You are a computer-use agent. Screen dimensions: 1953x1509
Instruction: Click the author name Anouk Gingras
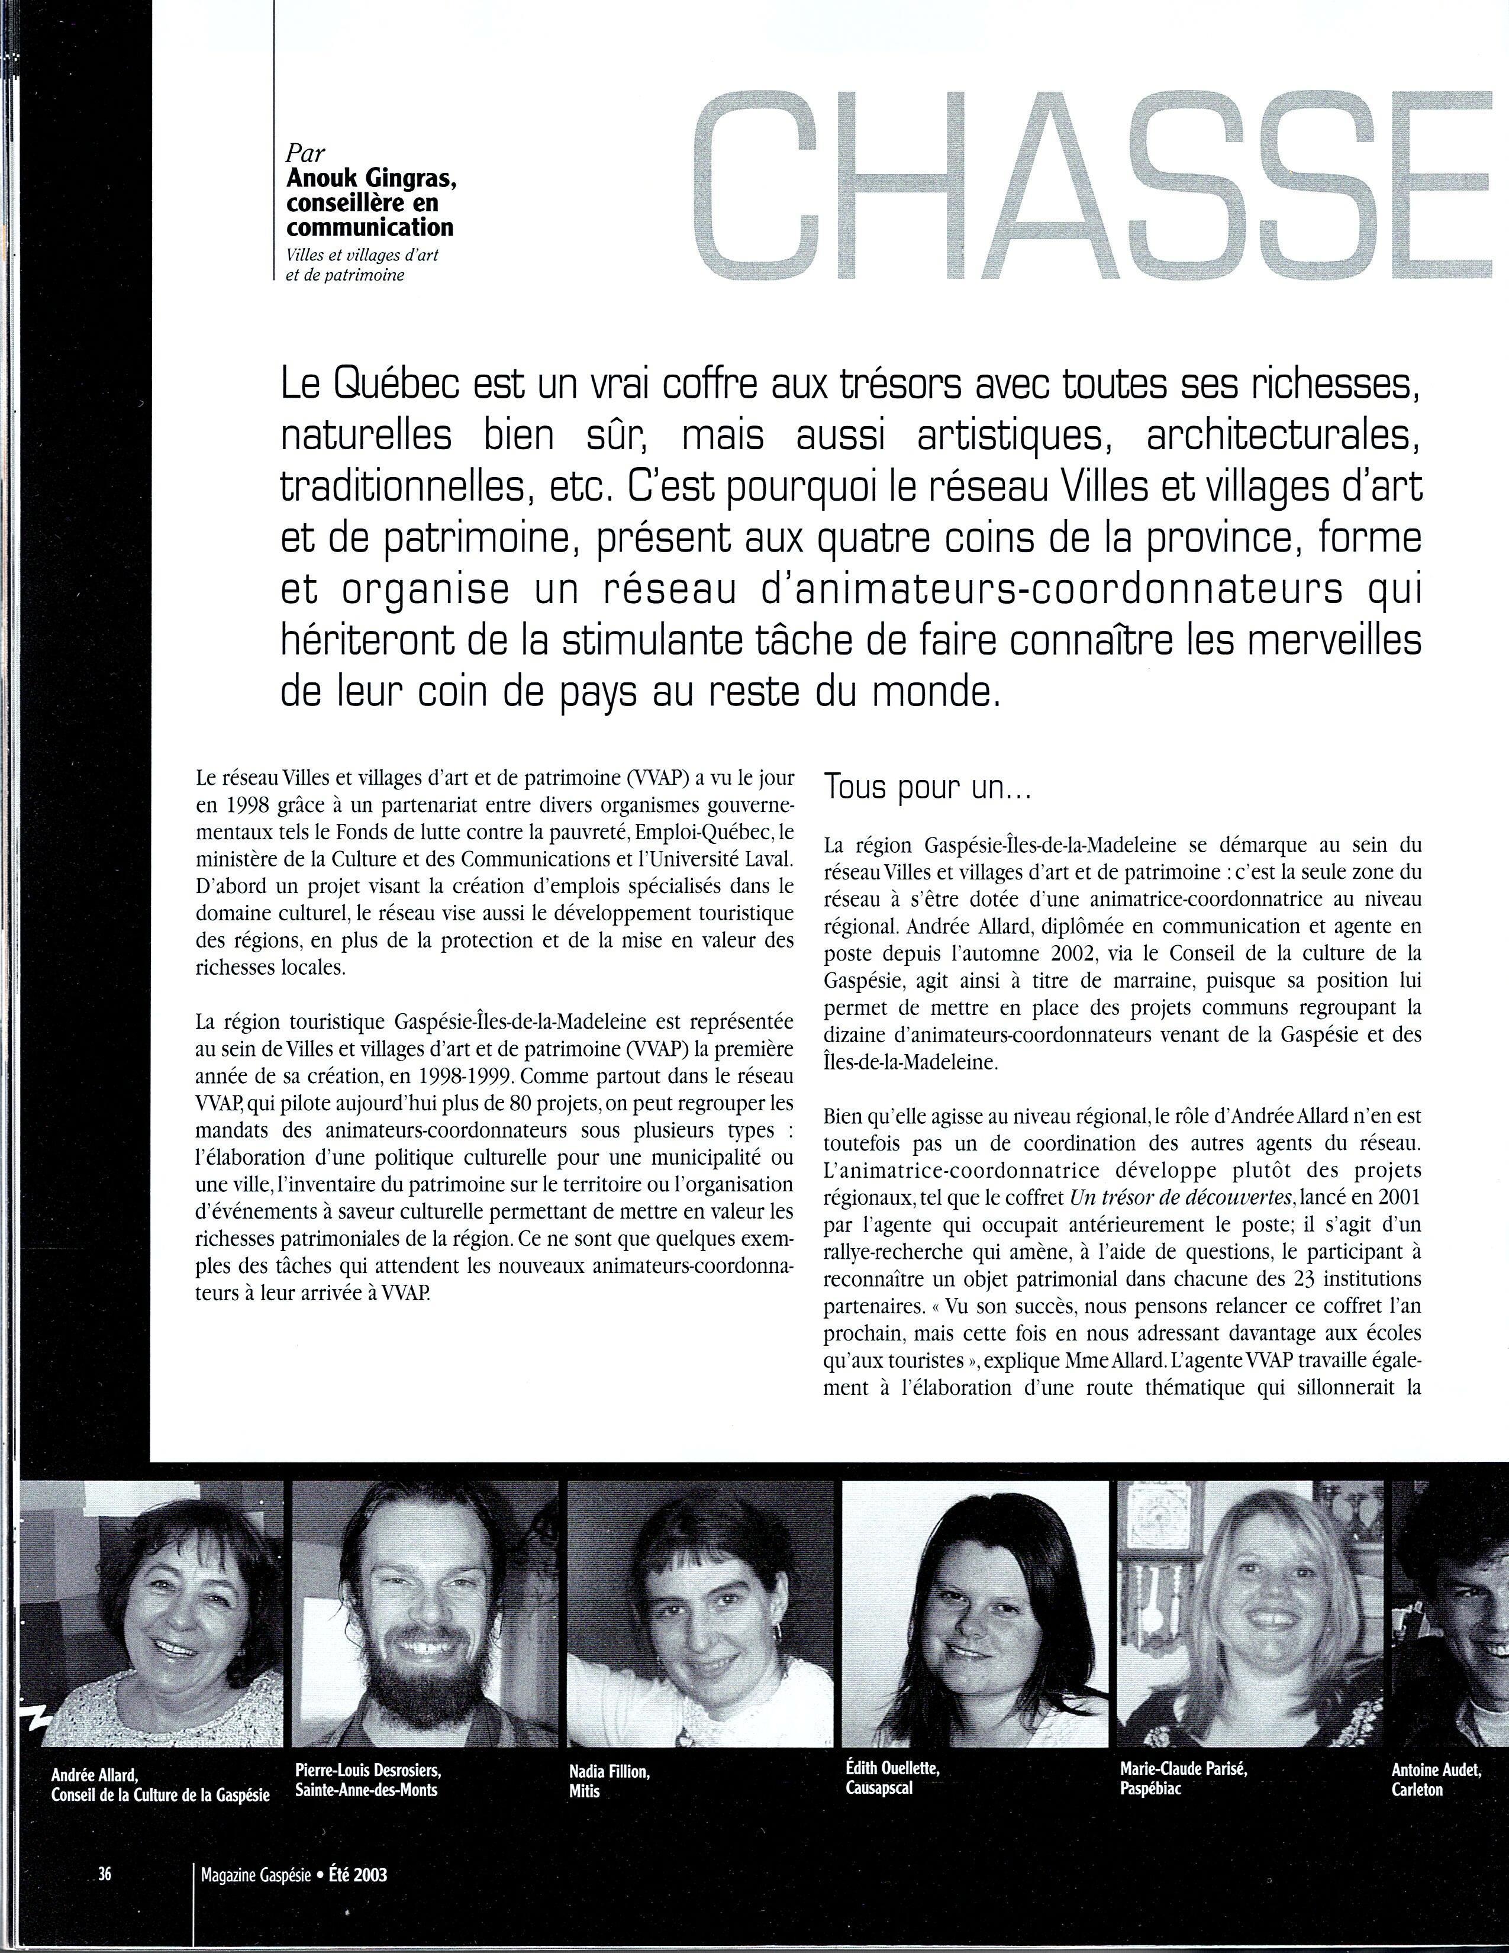(371, 178)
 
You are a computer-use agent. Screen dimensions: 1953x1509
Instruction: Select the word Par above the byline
(306, 152)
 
